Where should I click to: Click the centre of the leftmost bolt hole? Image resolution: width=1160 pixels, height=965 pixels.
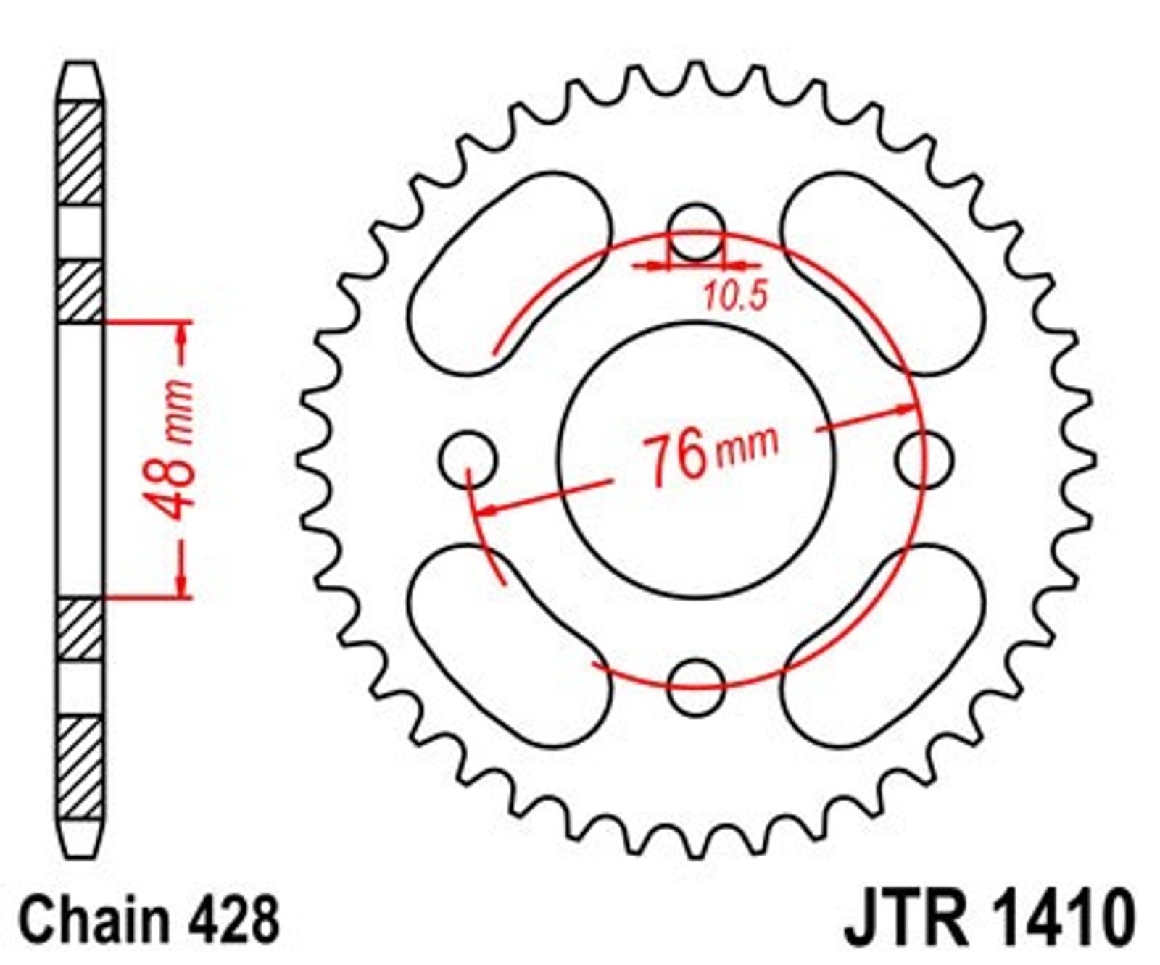[x=468, y=459]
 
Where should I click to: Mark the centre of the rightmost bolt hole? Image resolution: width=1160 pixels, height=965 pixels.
[x=924, y=459]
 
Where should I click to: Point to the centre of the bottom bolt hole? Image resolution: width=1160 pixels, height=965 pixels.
[x=696, y=687]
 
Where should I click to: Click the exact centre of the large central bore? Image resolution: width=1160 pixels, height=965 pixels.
[x=696, y=460]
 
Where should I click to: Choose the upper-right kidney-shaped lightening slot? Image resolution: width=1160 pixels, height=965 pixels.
[x=883, y=273]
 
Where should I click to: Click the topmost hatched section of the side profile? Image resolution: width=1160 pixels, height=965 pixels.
[x=80, y=154]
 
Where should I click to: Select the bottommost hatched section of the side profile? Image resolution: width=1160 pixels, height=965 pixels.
[x=80, y=767]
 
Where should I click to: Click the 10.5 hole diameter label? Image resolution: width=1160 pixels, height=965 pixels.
[x=734, y=296]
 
